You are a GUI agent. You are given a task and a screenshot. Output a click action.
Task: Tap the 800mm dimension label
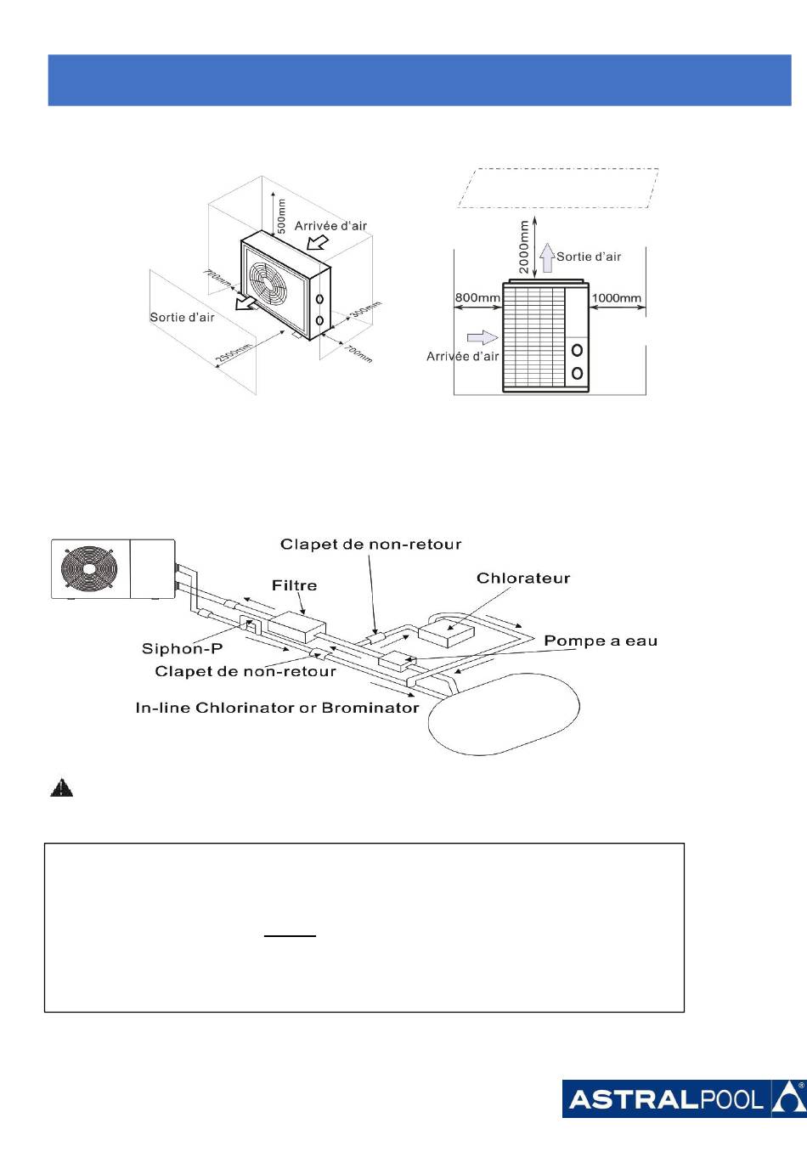(477, 298)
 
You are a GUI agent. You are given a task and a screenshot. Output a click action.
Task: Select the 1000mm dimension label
(617, 298)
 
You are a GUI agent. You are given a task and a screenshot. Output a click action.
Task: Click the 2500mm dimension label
(234, 353)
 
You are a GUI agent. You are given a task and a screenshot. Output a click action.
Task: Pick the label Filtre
(295, 585)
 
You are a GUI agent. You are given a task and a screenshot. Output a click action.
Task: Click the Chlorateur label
(523, 579)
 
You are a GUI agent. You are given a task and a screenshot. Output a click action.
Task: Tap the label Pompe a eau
(601, 641)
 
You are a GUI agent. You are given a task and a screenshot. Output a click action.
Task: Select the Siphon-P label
(182, 649)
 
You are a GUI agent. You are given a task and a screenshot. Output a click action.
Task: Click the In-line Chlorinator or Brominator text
(277, 708)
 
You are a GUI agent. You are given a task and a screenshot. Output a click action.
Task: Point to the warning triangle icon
(62, 788)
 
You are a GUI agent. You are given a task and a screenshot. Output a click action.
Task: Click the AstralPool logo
(684, 1098)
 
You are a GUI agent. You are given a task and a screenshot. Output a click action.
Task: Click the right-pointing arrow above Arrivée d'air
(483, 337)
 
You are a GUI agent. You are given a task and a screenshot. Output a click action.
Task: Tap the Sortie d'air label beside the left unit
(182, 318)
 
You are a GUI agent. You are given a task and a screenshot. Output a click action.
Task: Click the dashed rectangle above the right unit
(558, 188)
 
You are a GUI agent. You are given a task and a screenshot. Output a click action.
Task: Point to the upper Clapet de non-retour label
(371, 544)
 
